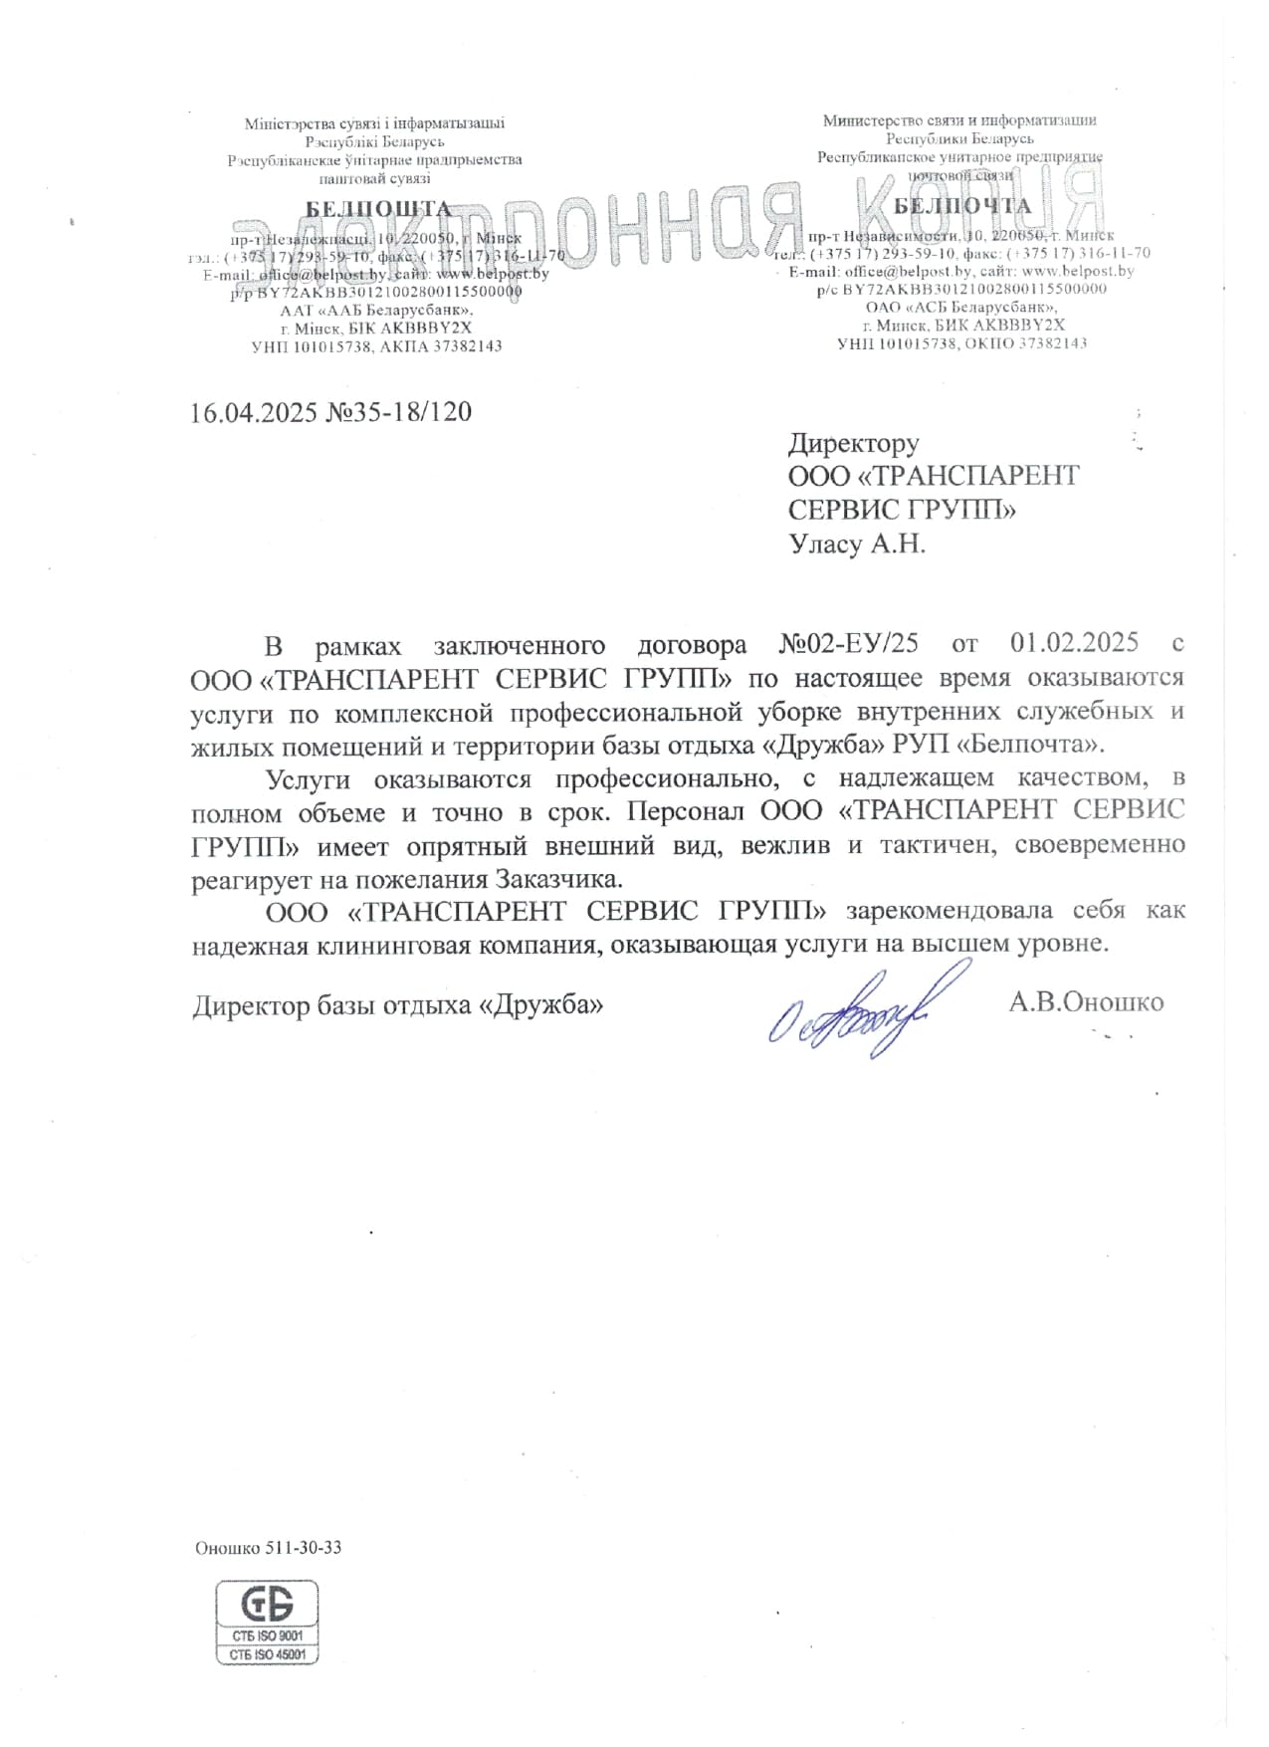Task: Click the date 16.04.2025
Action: pyautogui.click(x=253, y=412)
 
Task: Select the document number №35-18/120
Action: pyautogui.click(x=398, y=412)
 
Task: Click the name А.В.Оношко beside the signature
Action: pyautogui.click(x=1086, y=1001)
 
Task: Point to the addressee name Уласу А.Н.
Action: pyautogui.click(x=856, y=545)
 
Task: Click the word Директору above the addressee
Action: pyautogui.click(x=853, y=443)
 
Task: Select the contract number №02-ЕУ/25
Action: pyautogui.click(x=848, y=643)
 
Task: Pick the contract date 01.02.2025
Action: pyautogui.click(x=1074, y=643)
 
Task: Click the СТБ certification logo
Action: pyautogui.click(x=267, y=1604)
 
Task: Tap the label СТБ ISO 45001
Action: pyautogui.click(x=267, y=1654)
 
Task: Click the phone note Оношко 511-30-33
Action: pyautogui.click(x=268, y=1548)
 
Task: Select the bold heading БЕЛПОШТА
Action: pyautogui.click(x=378, y=209)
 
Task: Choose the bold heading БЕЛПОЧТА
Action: pyautogui.click(x=962, y=206)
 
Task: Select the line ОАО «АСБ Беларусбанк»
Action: pyautogui.click(x=960, y=307)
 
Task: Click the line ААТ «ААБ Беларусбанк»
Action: pyautogui.click(x=375, y=311)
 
